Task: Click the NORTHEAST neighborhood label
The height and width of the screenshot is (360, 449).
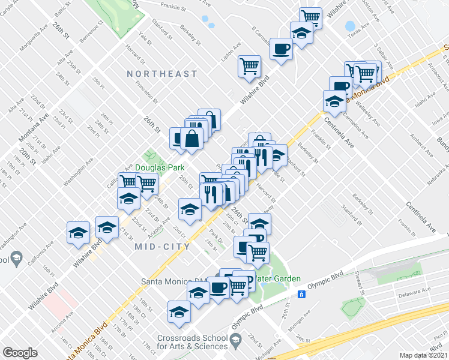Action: coord(163,74)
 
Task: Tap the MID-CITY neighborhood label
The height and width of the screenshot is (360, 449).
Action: coord(163,247)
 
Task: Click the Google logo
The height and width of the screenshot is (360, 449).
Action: coord(20,352)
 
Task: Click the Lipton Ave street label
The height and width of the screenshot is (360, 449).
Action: coord(231,53)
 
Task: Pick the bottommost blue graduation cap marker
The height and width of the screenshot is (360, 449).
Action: coord(178,311)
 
